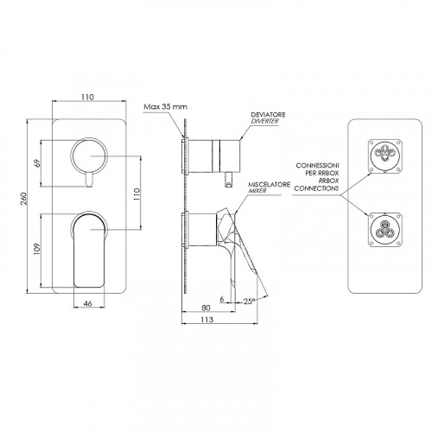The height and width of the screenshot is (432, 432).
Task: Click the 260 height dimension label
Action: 24,198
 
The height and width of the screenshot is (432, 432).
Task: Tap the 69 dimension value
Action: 37,163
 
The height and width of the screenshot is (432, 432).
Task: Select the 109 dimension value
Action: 37,249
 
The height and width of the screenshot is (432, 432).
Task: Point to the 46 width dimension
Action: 88,303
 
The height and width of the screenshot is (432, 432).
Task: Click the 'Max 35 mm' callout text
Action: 165,107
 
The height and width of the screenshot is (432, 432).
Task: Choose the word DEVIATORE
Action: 268,115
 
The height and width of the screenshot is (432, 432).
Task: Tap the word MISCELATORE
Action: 269,184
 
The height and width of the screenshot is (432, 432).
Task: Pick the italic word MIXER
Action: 257,191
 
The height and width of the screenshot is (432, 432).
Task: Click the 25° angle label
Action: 250,302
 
